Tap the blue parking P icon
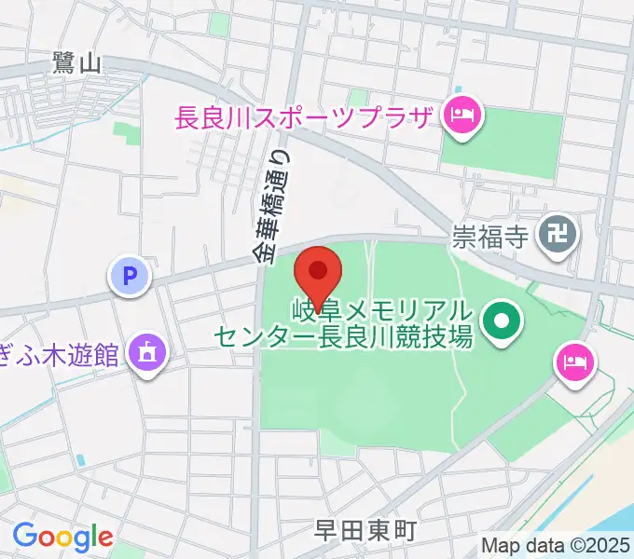[x=130, y=276]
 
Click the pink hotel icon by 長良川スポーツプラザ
[x=462, y=116]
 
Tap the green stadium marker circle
[x=502, y=322]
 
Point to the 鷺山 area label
[x=76, y=63]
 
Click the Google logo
[x=62, y=537]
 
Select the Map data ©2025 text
[x=556, y=545]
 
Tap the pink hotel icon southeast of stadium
[x=573, y=360]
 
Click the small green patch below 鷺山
[x=127, y=134]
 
